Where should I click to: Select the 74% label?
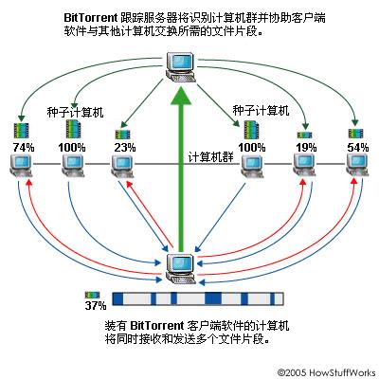coord(24,148)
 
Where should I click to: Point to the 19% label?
coord(306,148)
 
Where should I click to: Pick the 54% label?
coord(357,148)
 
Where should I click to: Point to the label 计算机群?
coord(211,156)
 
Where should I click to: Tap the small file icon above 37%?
coord(92,296)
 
